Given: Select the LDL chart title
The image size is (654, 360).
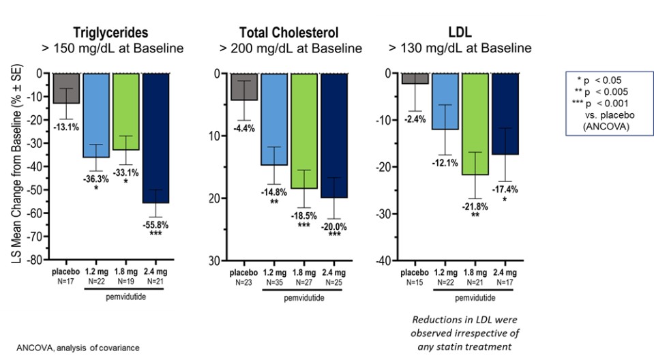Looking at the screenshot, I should click(x=460, y=32).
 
